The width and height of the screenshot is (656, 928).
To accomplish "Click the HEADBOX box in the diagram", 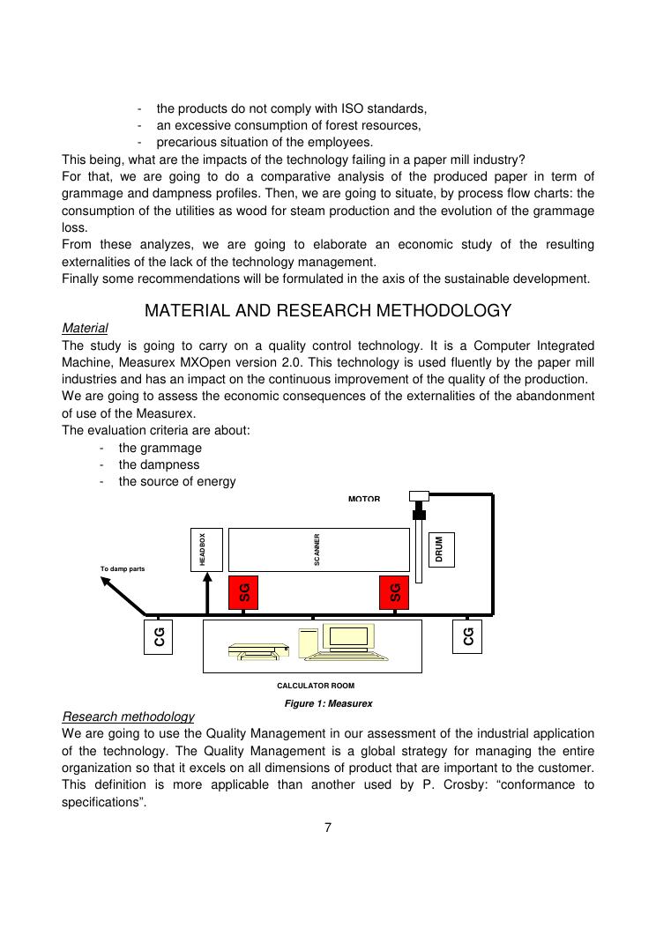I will click(x=202, y=549).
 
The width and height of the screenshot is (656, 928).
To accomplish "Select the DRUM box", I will click(x=441, y=550).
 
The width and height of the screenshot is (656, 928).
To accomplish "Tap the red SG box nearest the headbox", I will click(x=244, y=592).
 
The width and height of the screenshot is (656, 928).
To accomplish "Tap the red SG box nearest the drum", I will click(x=394, y=592).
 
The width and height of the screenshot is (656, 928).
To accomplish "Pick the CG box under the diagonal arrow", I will click(x=159, y=636).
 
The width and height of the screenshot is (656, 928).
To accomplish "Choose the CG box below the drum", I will click(x=468, y=636).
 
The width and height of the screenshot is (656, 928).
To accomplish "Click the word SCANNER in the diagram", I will click(x=317, y=549).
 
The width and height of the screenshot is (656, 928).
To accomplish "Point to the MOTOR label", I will click(x=364, y=499).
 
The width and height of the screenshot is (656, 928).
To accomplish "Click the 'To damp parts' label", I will click(x=123, y=568).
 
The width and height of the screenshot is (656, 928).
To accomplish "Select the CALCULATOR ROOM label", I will click(x=316, y=685).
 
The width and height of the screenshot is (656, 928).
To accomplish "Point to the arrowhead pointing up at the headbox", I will click(x=207, y=576).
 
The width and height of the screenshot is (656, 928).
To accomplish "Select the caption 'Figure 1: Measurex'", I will click(x=328, y=703).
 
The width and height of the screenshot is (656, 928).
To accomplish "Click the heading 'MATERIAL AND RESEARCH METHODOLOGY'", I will click(x=328, y=310).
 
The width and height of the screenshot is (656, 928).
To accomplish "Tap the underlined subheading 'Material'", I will click(x=85, y=328).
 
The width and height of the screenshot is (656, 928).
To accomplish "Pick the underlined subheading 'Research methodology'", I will click(x=128, y=716).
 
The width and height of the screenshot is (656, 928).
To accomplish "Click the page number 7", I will click(x=328, y=827).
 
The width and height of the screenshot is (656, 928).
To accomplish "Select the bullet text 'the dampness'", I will click(x=159, y=464).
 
